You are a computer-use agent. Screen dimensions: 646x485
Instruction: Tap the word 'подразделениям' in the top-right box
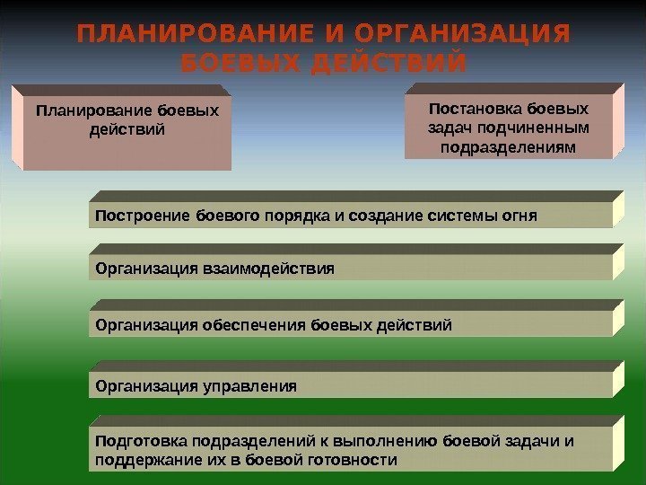509,146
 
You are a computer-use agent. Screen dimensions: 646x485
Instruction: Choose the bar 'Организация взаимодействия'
350,268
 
